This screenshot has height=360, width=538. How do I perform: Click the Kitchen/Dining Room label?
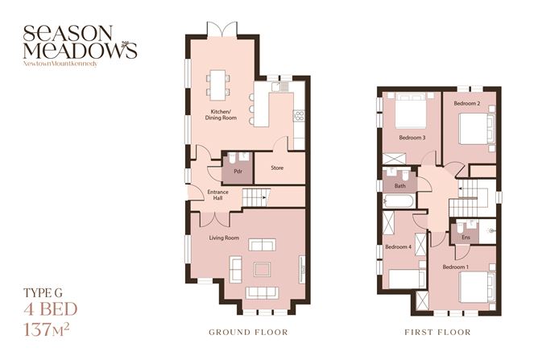pos(223,114)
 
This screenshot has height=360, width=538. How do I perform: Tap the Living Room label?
pos(226,238)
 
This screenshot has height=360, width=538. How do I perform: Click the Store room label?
pos(277,168)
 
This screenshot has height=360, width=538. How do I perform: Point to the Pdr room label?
pos(238,172)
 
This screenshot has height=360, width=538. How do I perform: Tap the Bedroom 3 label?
pos(412,138)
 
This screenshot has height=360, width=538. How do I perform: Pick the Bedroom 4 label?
pos(398,246)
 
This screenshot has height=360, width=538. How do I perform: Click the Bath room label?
pos(399,186)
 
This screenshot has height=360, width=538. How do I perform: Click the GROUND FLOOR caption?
pos(247,332)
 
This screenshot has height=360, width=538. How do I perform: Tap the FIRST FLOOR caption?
pos(439,332)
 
